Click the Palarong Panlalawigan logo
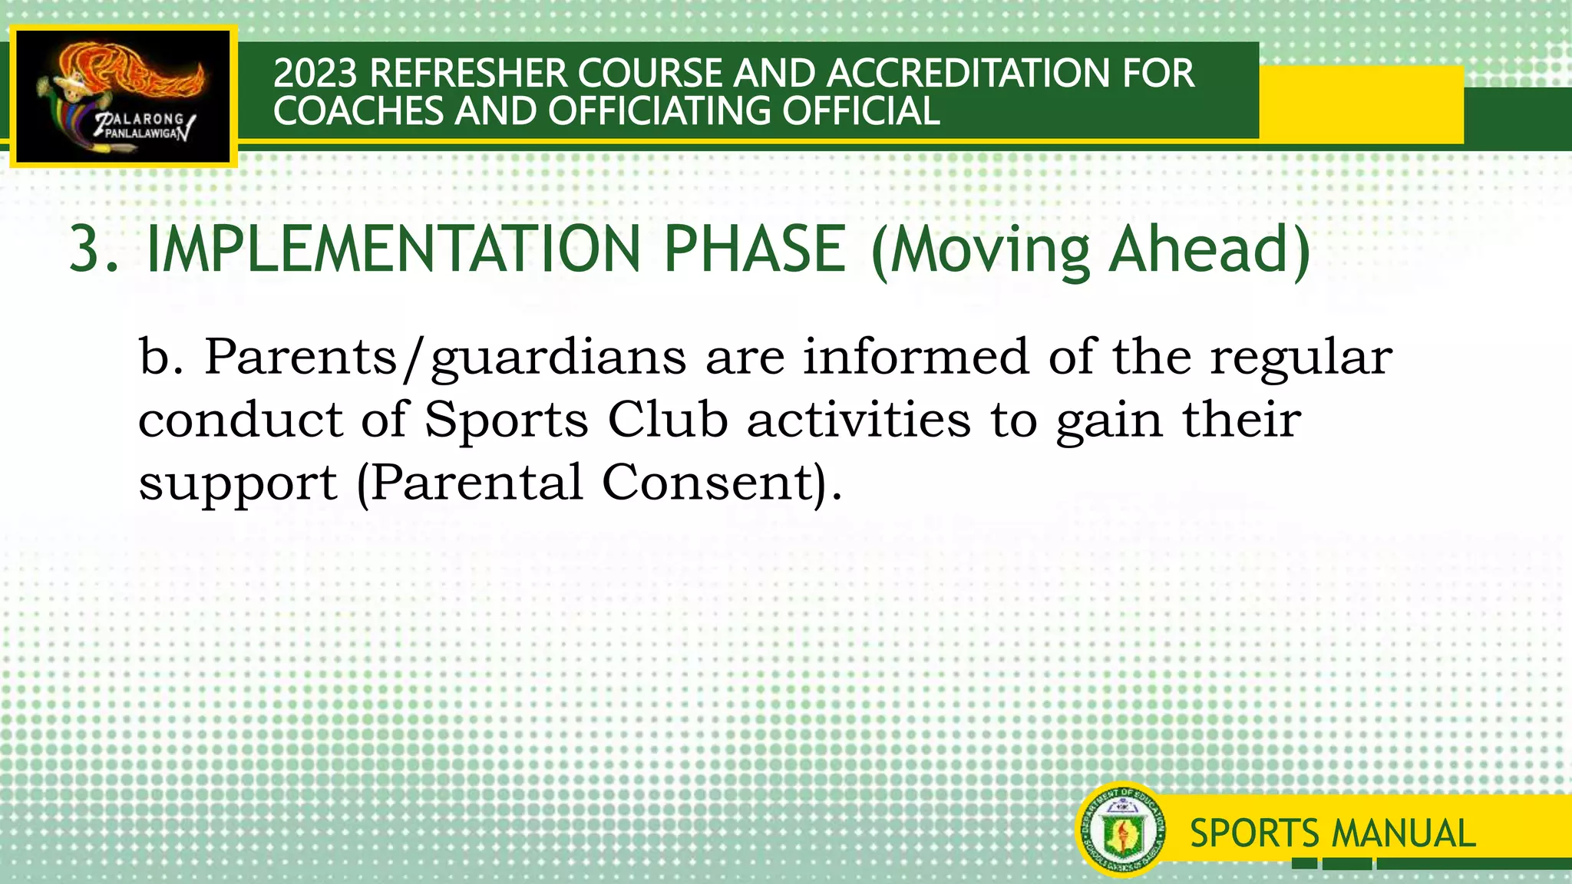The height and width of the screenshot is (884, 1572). coord(123,96)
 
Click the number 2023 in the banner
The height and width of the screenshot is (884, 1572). coord(315,74)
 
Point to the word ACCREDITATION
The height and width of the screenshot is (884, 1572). coord(967,74)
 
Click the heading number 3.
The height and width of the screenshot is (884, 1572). coord(91,249)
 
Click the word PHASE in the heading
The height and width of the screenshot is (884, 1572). coord(754,249)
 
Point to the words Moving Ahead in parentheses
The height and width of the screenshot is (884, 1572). coord(1090,249)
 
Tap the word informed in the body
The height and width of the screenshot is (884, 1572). coord(916,358)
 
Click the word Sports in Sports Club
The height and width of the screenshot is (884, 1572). coord(507,421)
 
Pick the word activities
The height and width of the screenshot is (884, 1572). coord(858,421)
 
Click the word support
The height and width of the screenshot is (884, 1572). coord(237,483)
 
